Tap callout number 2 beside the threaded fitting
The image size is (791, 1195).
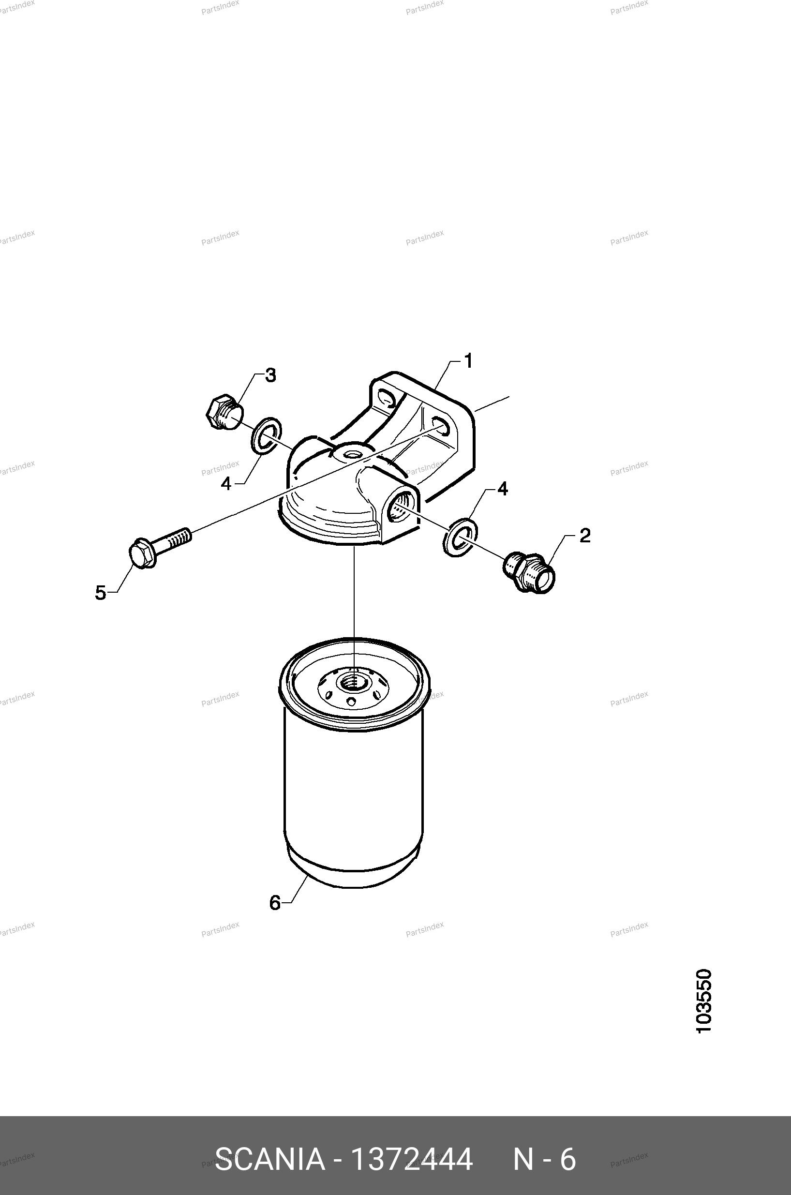pyautogui.click(x=585, y=535)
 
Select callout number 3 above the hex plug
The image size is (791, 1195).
pyautogui.click(x=271, y=375)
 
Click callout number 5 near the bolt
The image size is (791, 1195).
pyautogui.click(x=101, y=593)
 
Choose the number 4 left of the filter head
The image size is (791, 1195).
pyautogui.click(x=226, y=484)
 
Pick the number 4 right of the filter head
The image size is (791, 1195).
pyautogui.click(x=503, y=488)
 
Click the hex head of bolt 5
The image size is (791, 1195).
pyautogui.click(x=142, y=553)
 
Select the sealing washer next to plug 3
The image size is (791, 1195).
pyautogui.click(x=266, y=435)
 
